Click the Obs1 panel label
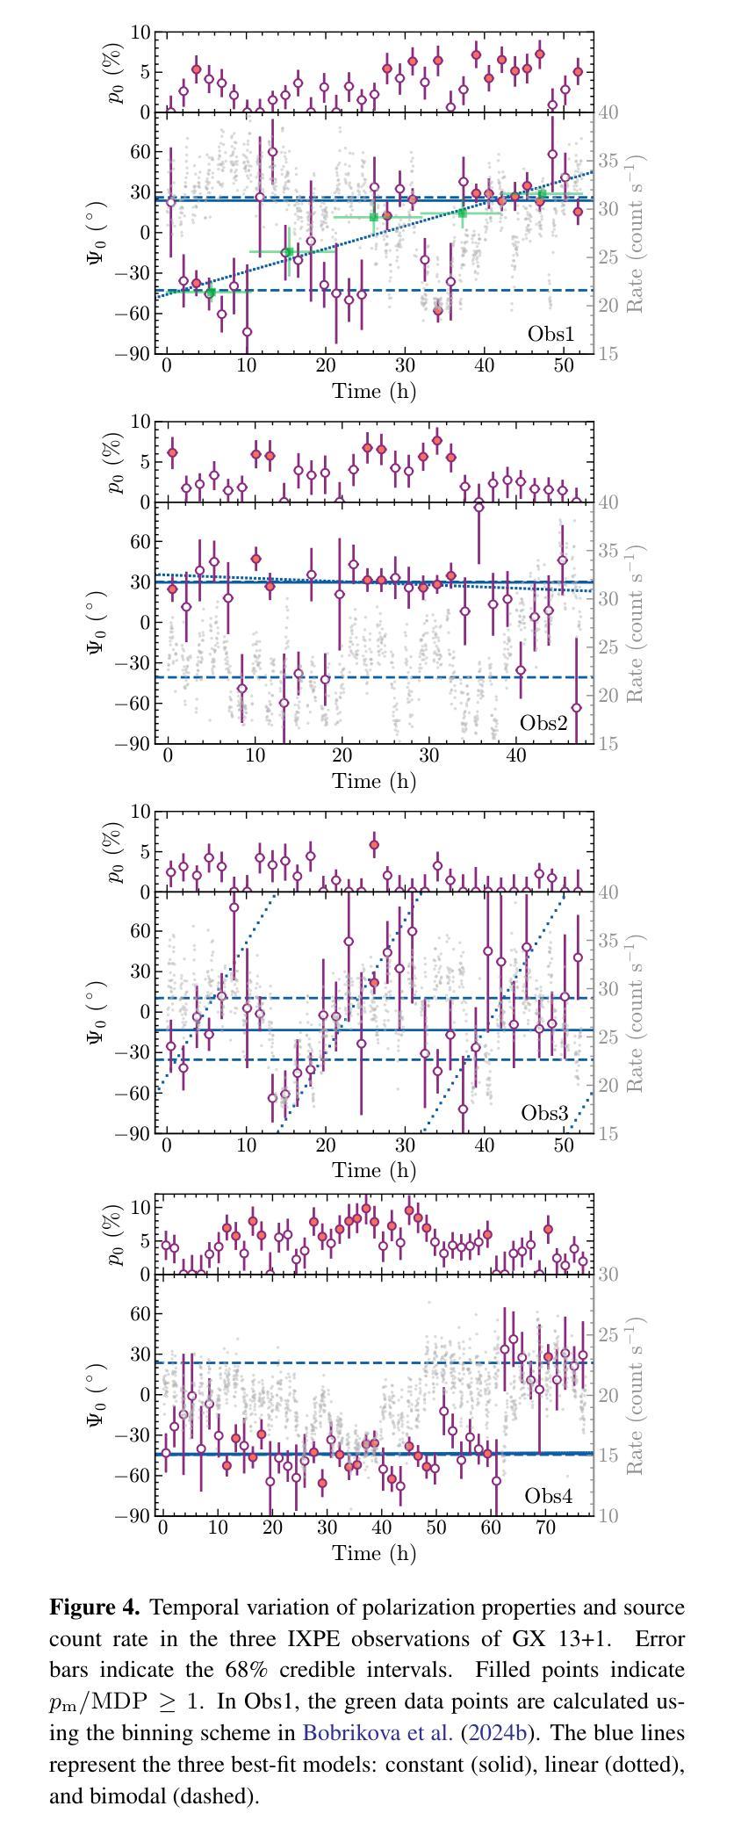click(x=550, y=334)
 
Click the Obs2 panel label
click(x=543, y=723)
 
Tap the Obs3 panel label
click(x=545, y=1113)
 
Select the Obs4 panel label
click(x=548, y=1496)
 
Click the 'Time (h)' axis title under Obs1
click(x=374, y=391)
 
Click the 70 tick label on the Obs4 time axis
click(x=547, y=1528)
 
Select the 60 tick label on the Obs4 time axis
click(x=492, y=1528)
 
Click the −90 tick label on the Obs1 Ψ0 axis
click(x=129, y=354)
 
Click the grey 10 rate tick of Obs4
click(x=608, y=1516)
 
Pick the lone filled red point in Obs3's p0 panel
click(x=374, y=845)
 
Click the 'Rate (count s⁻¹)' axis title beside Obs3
click(x=636, y=1013)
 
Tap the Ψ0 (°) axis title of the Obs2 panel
click(x=98, y=623)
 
